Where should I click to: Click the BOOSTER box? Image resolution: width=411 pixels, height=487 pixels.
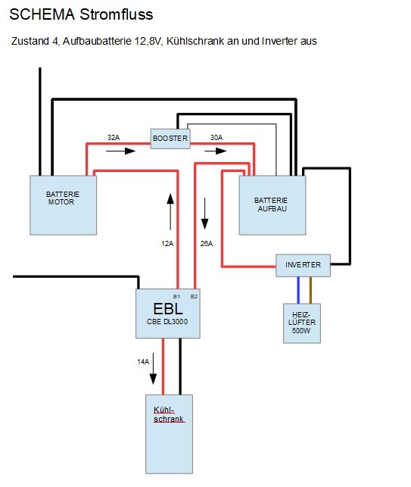click(x=170, y=139)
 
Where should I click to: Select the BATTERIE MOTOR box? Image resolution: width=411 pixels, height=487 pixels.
click(x=63, y=205)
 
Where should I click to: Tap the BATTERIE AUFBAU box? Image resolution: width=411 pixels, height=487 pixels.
click(x=272, y=205)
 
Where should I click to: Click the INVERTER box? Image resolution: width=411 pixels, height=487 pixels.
click(x=303, y=265)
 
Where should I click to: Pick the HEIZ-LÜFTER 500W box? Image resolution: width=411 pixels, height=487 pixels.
click(x=302, y=323)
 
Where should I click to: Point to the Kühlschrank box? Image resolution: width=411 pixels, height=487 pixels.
click(x=170, y=434)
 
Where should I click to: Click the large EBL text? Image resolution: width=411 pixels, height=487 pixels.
click(x=167, y=309)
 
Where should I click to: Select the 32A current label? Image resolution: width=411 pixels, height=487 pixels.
click(x=114, y=137)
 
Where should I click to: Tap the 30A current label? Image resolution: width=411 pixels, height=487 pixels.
click(x=216, y=137)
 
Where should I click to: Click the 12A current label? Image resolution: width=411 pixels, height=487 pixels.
click(x=167, y=244)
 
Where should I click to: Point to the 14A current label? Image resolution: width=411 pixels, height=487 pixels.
click(x=143, y=361)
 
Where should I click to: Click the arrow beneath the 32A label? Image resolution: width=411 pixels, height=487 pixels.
click(x=121, y=151)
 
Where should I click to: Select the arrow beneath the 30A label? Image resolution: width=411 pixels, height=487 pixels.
click(x=216, y=151)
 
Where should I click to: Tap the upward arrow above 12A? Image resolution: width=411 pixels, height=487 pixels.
click(x=170, y=212)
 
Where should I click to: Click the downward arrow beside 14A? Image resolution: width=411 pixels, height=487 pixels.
click(x=153, y=369)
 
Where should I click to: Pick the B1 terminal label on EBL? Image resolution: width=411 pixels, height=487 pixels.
click(x=176, y=297)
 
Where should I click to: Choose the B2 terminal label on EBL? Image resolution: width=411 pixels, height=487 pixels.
click(x=194, y=297)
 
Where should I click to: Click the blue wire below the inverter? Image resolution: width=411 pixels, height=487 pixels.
click(x=298, y=290)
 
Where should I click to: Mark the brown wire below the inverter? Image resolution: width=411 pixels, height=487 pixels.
click(x=310, y=290)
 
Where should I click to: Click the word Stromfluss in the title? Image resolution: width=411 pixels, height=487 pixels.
click(x=117, y=14)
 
